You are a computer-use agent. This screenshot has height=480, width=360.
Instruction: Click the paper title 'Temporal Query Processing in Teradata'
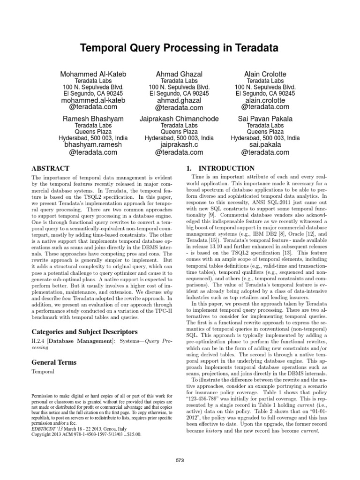pyautogui.click(x=180, y=48)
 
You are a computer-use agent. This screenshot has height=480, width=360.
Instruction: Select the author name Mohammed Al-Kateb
pyautogui.click(x=93, y=75)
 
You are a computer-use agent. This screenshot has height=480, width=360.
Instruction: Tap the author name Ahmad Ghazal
pyautogui.click(x=180, y=75)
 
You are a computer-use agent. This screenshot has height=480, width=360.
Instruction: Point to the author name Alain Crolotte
pyautogui.click(x=265, y=75)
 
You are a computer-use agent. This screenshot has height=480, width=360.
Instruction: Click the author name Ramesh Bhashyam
pyautogui.click(x=93, y=119)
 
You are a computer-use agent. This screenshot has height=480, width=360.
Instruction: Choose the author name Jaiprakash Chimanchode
pyautogui.click(x=180, y=119)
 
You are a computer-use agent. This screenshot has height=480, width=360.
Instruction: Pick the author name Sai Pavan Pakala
pyautogui.click(x=265, y=119)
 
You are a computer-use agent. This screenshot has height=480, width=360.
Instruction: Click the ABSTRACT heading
pyautogui.click(x=51, y=168)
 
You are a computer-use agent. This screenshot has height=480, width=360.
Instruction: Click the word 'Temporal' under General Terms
pyautogui.click(x=43, y=372)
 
